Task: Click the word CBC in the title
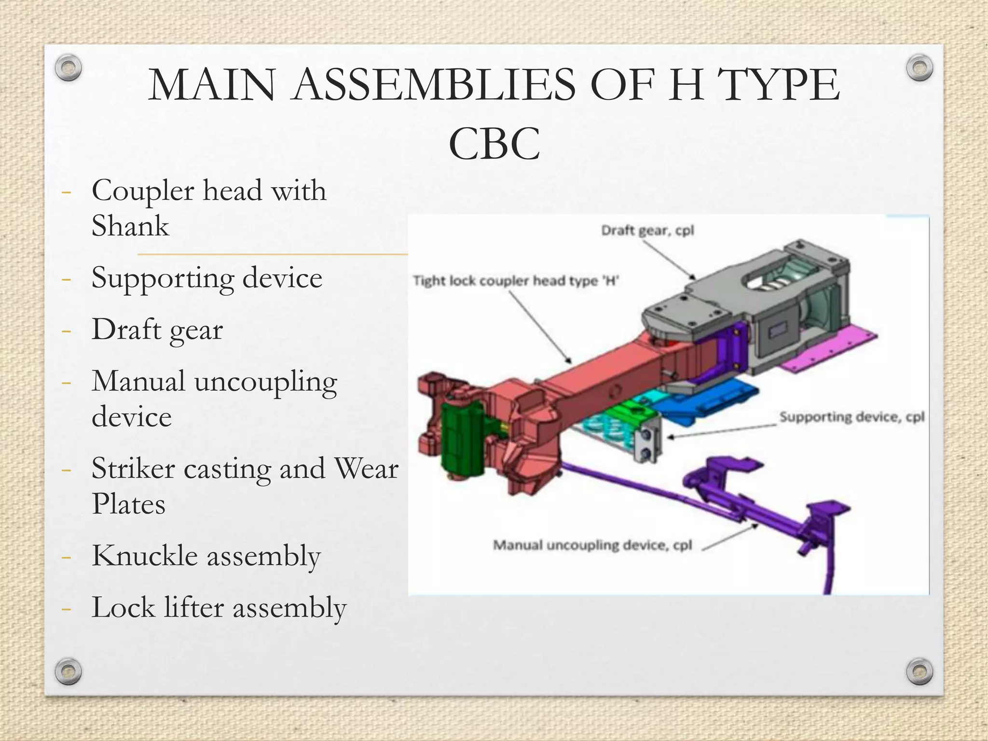pyautogui.click(x=494, y=144)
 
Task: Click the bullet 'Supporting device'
pyautogui.click(x=206, y=278)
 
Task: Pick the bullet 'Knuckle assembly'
pyautogui.click(x=206, y=556)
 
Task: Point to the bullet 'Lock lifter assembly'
pyautogui.click(x=219, y=607)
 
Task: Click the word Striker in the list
pyautogui.click(x=133, y=468)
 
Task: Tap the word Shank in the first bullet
pyautogui.click(x=130, y=226)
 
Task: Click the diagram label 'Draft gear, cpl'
pyautogui.click(x=647, y=231)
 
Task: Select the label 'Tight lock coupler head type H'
pyautogui.click(x=516, y=281)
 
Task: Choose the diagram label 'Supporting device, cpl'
pyautogui.click(x=852, y=417)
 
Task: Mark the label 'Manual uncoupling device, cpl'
pyautogui.click(x=592, y=546)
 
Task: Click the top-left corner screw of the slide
pyautogui.click(x=68, y=68)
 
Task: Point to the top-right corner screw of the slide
pyautogui.click(x=919, y=68)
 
